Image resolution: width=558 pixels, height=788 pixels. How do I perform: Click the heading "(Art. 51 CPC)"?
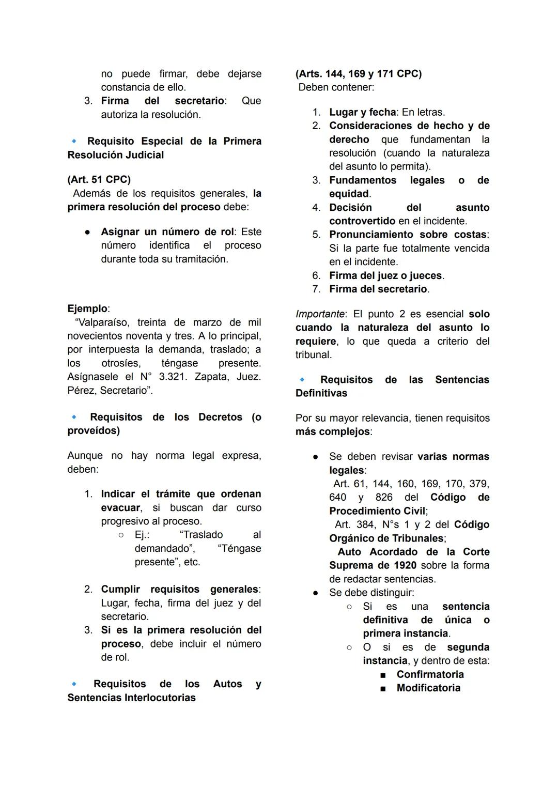[99, 179]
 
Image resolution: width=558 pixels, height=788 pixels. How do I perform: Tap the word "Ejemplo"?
[87, 308]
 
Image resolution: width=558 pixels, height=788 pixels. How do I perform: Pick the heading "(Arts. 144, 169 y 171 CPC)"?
[358, 73]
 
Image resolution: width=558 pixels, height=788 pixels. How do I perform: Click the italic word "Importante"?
[320, 314]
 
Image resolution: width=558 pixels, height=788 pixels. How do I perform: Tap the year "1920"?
[405, 565]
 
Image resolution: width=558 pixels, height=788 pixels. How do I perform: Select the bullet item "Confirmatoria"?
[430, 674]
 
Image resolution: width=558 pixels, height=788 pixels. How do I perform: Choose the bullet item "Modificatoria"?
[428, 688]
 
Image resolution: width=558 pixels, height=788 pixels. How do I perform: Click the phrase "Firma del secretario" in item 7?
[378, 289]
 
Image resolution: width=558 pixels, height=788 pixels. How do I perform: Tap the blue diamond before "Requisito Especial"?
[74, 141]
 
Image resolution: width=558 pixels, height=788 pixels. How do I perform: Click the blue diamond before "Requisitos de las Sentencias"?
[302, 380]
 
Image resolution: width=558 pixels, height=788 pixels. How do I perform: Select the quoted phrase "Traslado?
[201, 535]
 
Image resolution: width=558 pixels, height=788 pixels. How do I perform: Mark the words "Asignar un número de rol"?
[167, 231]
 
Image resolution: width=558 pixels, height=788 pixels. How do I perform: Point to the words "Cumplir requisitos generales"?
[179, 589]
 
